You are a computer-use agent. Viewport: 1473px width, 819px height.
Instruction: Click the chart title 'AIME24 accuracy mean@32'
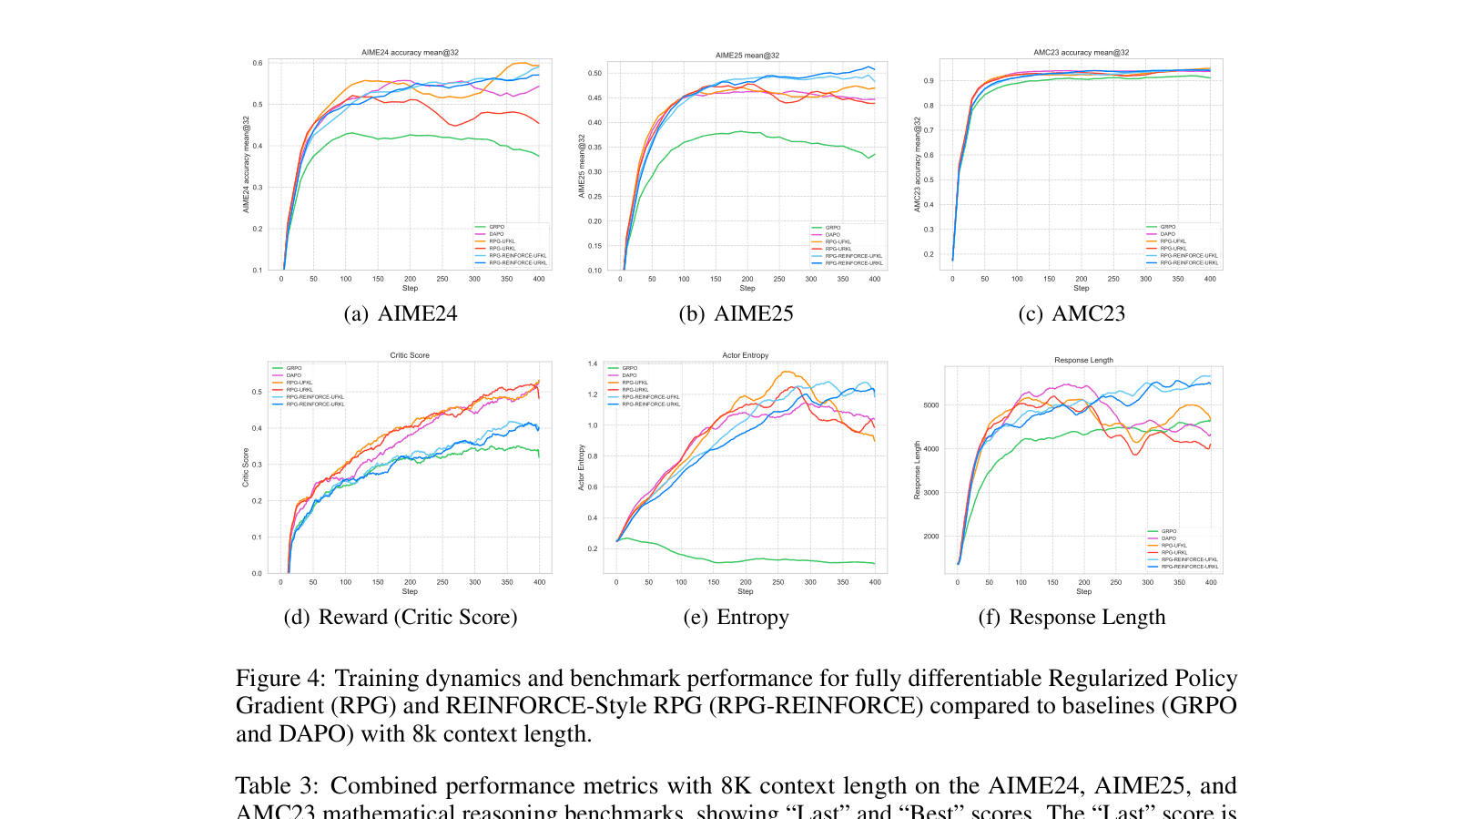[410, 53]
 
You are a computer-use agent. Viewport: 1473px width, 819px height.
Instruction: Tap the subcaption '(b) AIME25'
[736, 313]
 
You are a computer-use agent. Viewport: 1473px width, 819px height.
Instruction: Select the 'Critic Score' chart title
[410, 355]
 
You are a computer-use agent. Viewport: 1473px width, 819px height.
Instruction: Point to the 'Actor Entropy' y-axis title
[582, 468]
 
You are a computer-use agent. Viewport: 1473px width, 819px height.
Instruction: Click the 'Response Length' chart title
[1083, 360]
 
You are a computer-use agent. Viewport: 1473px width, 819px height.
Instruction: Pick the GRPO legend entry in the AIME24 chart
[496, 227]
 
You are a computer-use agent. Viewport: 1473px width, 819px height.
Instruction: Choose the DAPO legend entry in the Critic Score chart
[293, 375]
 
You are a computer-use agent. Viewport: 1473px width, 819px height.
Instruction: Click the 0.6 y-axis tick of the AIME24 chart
[258, 63]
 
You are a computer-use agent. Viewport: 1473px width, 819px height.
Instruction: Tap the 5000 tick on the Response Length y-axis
[931, 405]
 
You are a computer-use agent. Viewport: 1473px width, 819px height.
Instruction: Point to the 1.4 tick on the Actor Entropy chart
[593, 363]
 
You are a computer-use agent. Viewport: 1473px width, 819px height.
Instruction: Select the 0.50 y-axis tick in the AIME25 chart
[594, 73]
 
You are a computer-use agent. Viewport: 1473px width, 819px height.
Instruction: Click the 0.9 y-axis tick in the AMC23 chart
[929, 81]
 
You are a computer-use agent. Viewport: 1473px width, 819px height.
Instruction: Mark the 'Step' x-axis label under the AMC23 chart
[1081, 288]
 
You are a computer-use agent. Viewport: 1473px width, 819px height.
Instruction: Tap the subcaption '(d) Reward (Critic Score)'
[401, 617]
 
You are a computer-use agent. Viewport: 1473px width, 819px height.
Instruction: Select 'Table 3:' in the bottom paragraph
[277, 785]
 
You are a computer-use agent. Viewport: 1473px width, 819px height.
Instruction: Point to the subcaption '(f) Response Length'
[1072, 617]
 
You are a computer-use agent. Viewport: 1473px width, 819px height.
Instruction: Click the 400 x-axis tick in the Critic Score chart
[539, 582]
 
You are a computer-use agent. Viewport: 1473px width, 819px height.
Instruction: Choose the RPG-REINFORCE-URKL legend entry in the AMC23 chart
[1188, 262]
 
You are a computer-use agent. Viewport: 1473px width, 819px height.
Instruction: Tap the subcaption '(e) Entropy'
[736, 617]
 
